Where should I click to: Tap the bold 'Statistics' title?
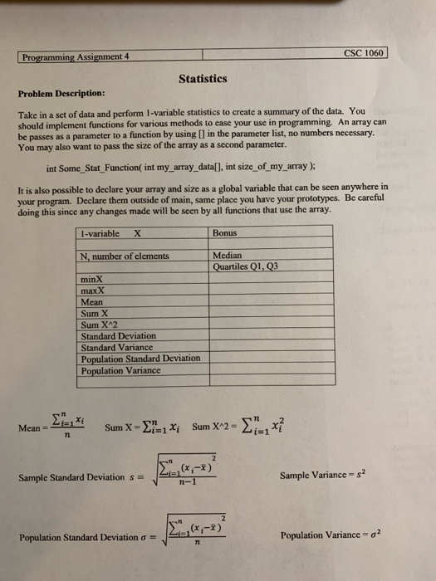pos(203,79)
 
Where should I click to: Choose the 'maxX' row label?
pos(93,292)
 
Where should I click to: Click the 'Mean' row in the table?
pos(92,303)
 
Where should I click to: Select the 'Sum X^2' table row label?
pos(99,325)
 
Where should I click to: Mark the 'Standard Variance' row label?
pos(116,348)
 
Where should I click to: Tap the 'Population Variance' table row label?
pos(121,370)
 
